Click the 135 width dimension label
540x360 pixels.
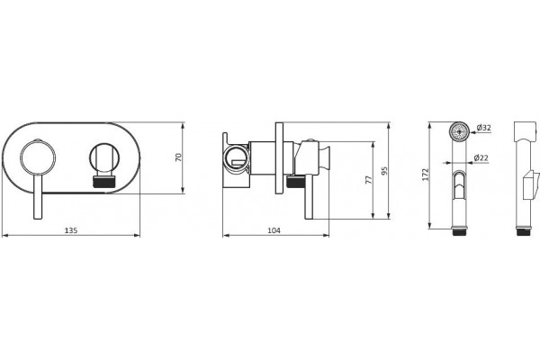click(71, 230)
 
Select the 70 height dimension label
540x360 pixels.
click(178, 157)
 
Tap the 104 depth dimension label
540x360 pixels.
click(274, 230)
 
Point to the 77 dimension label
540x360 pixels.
click(369, 179)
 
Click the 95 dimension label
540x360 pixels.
click(384, 171)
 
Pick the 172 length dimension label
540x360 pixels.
click(426, 175)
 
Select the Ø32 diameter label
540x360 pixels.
click(484, 128)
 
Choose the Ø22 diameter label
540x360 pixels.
click(481, 157)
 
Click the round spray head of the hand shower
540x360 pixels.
click(459, 131)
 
